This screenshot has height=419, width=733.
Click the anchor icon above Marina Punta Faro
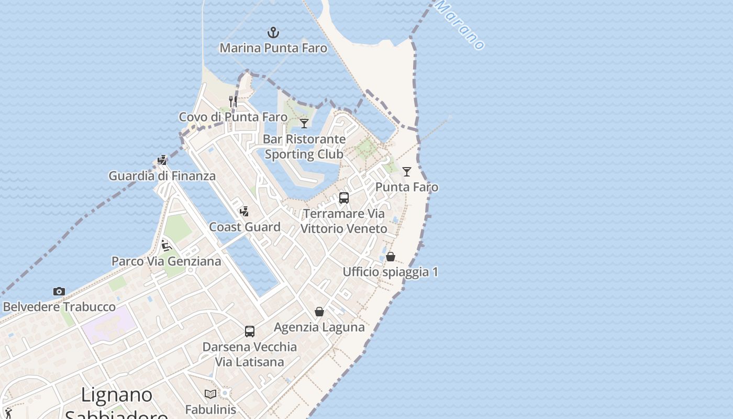[x=273, y=33]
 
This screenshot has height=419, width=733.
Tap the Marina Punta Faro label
[x=273, y=48]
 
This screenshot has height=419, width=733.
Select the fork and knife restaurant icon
[x=233, y=101]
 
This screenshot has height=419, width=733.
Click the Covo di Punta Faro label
[x=233, y=117]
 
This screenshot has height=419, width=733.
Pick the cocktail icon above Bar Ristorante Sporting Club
[x=304, y=124]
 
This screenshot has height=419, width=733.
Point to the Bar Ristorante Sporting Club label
[x=304, y=147]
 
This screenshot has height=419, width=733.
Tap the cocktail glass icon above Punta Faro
[x=407, y=171]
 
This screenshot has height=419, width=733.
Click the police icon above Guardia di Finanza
[x=162, y=160]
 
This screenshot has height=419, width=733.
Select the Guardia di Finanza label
[x=162, y=176]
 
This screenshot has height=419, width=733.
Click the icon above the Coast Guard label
[x=244, y=212]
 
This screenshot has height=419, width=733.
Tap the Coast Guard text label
[x=245, y=227]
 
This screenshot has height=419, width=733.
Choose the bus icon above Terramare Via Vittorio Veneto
[x=344, y=198]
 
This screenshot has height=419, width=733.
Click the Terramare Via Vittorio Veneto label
[x=344, y=221]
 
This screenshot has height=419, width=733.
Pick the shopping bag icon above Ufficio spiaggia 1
[x=391, y=257]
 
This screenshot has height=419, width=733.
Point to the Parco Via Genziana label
[x=166, y=261]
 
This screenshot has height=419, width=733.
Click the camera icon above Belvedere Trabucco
[x=59, y=291]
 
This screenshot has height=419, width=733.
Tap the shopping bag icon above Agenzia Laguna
[x=319, y=312]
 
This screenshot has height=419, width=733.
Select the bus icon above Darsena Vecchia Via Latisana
[x=250, y=332]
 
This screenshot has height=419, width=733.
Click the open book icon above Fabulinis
[x=210, y=394]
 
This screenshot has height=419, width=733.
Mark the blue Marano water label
[x=461, y=25]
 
